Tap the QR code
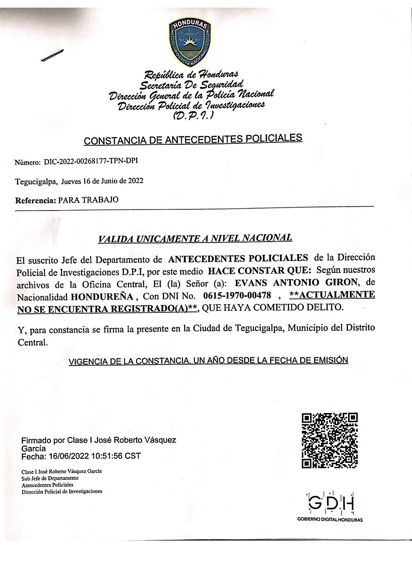coord(330,440)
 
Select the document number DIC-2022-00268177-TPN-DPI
coord(94,161)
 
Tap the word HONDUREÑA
coord(101,295)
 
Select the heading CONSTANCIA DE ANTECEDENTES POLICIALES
coord(193,139)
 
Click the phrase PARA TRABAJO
coord(88,199)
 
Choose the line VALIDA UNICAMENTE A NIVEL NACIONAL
coord(195,238)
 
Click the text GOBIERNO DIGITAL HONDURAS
coord(330,520)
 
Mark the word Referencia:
coord(35,199)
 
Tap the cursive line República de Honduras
coord(191,75)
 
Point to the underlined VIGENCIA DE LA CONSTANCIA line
coord(208,361)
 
